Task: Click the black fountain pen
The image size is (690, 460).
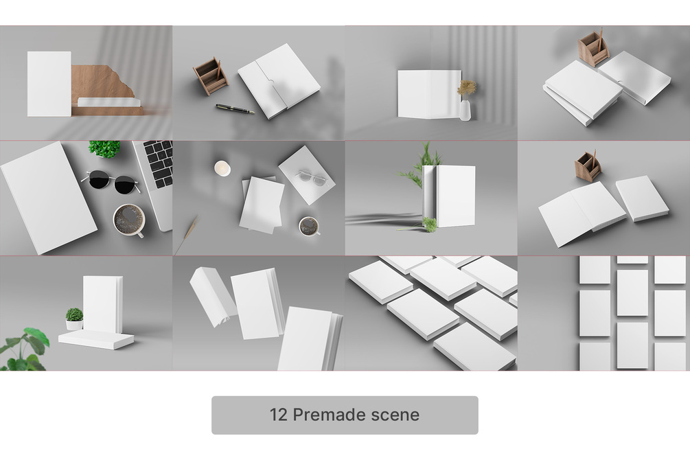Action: coord(235,108)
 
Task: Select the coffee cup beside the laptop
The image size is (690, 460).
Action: coord(129,220)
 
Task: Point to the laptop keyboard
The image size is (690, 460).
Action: coord(159,163)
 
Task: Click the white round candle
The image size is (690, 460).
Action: coord(222,168)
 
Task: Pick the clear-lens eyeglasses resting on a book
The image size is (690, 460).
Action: coord(311,177)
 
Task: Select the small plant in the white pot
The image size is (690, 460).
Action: coord(74,319)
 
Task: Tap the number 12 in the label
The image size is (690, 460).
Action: coord(279,415)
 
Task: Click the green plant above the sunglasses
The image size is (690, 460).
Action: coord(105,149)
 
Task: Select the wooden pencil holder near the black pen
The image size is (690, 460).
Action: coord(211,76)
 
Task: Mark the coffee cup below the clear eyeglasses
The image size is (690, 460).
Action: coord(309,227)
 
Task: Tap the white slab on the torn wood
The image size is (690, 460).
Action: coord(109,102)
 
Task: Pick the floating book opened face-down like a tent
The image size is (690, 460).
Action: coord(213,297)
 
